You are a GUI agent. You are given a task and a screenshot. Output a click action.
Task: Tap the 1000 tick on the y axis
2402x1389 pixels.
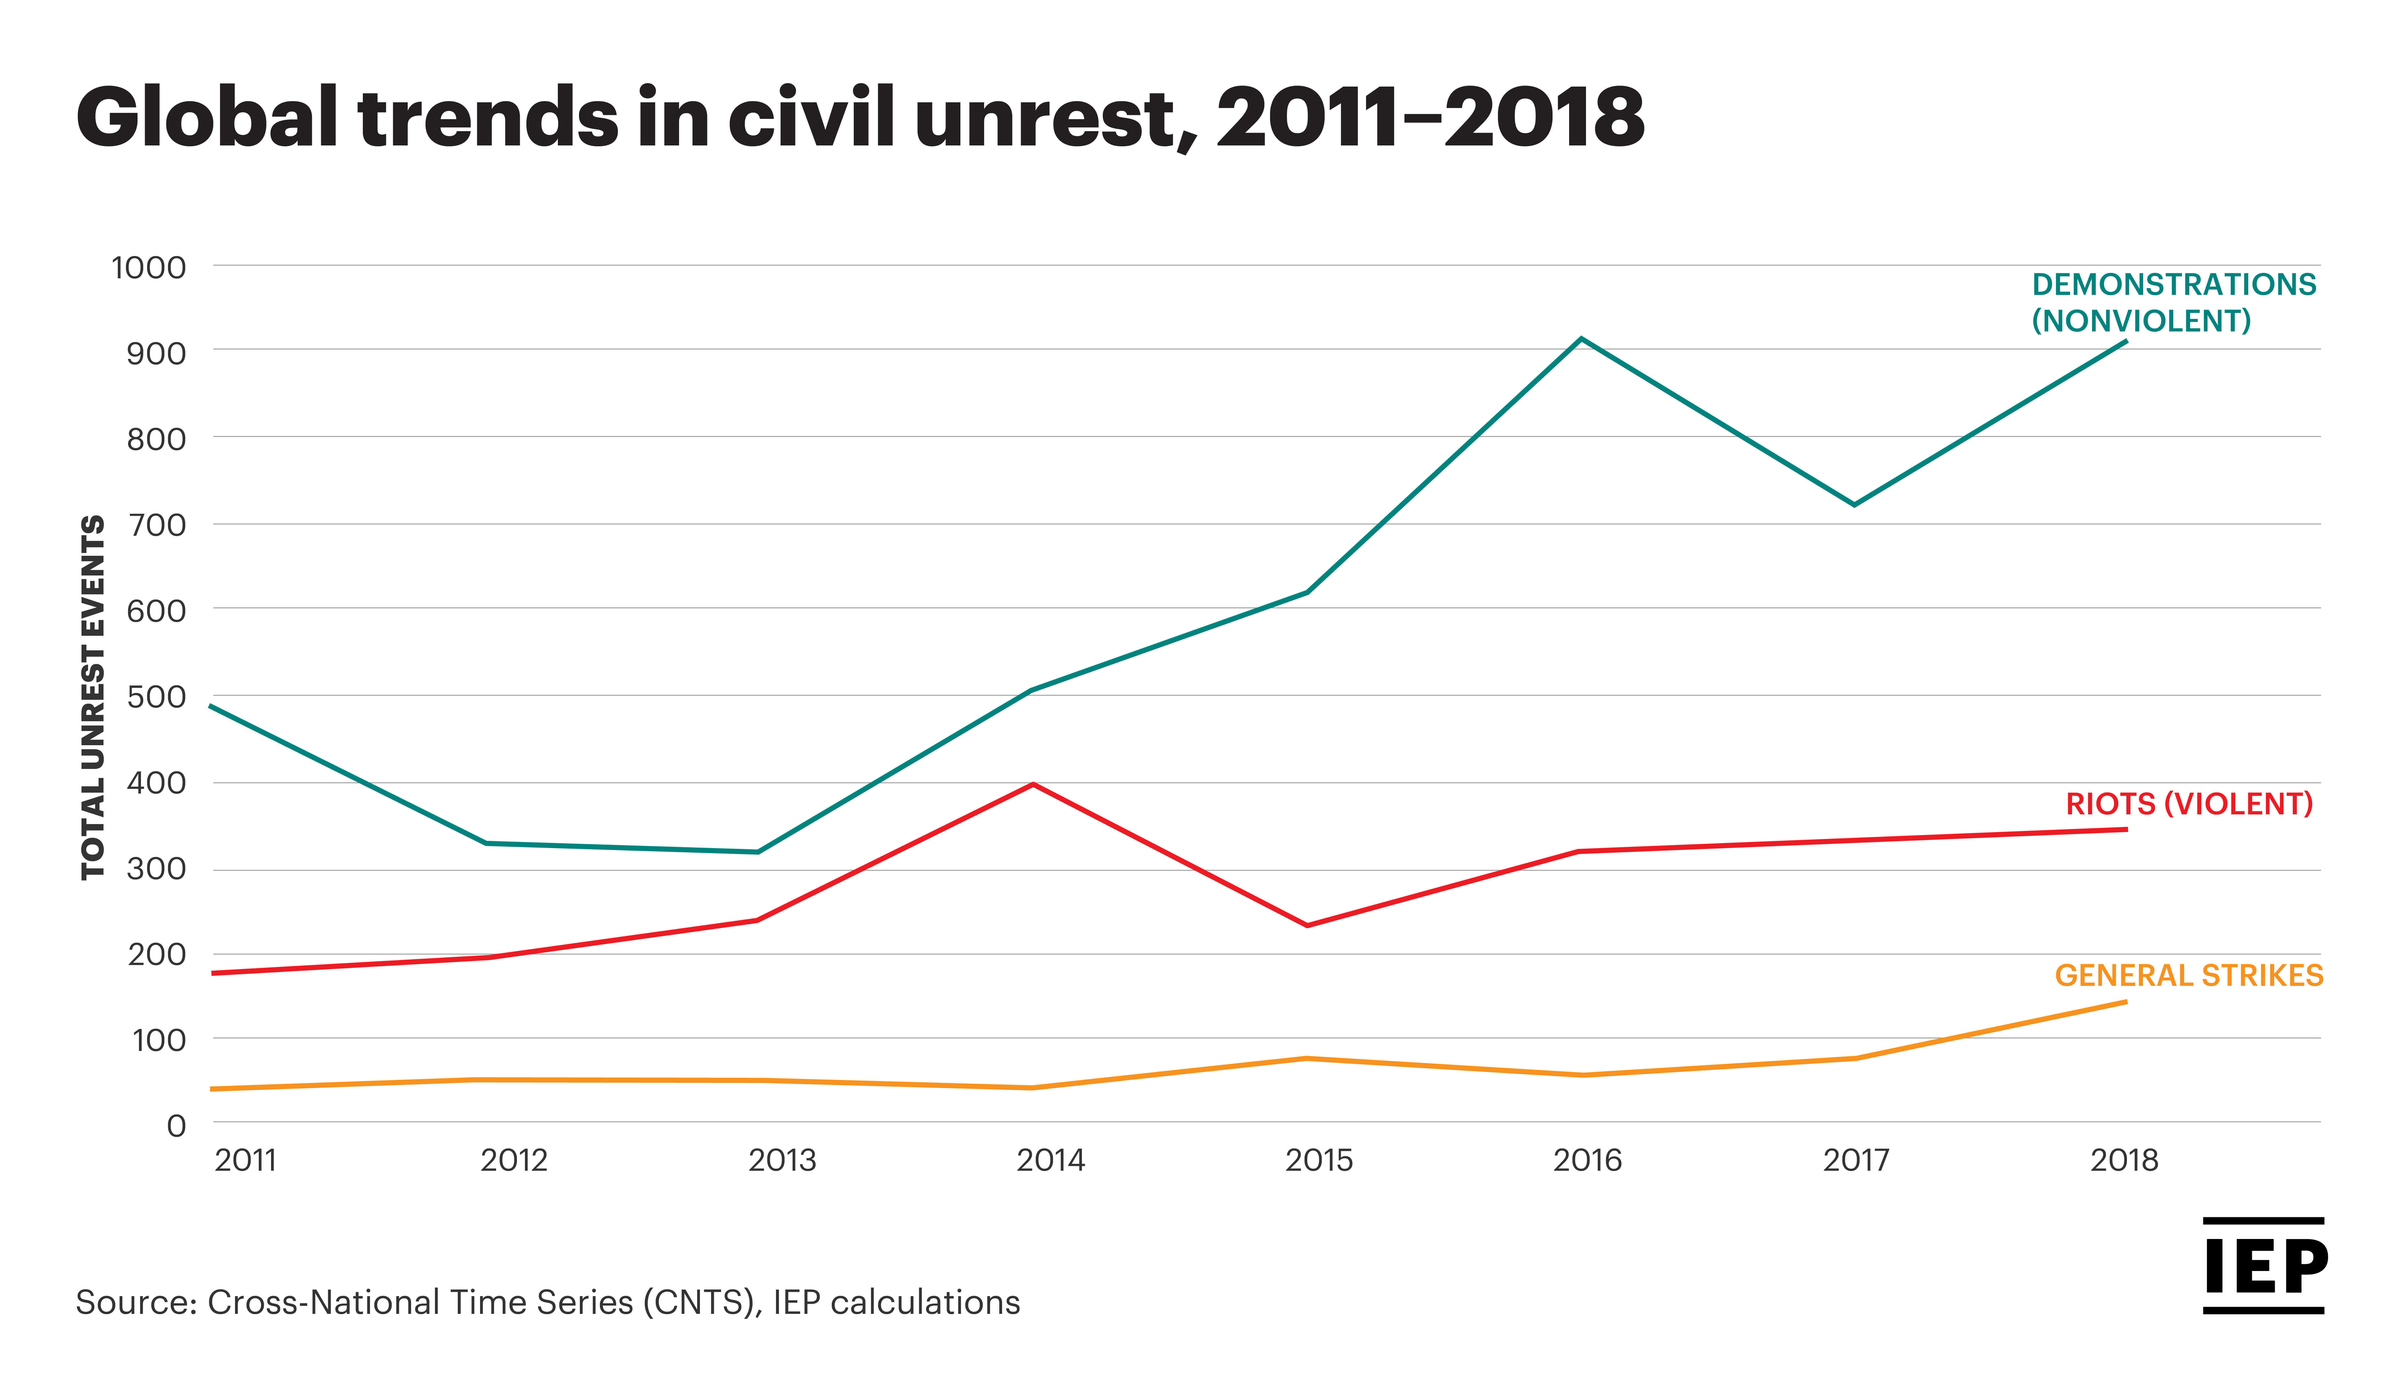149,268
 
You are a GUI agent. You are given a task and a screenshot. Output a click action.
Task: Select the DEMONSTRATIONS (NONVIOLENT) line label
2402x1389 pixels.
2173,302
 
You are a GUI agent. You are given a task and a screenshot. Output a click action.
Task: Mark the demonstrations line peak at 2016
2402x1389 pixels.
1581,338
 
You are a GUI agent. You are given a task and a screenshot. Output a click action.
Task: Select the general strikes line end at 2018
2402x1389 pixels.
2126,1001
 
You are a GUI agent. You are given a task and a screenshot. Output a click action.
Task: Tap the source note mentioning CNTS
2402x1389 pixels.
548,1302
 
